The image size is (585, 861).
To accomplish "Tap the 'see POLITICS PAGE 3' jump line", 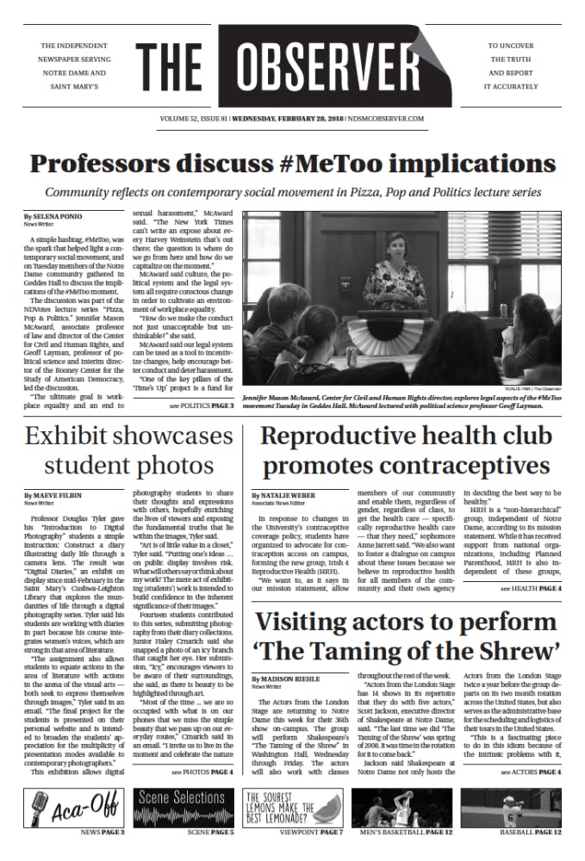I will (201, 405).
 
